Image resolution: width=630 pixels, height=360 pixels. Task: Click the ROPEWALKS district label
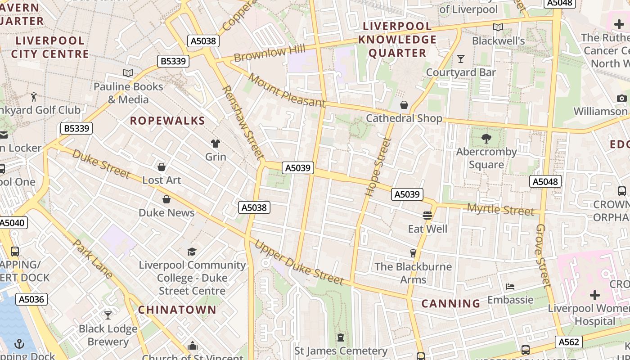(x=167, y=121)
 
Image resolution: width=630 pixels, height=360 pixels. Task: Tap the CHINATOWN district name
(x=177, y=310)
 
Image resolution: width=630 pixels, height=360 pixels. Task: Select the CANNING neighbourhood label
(x=450, y=303)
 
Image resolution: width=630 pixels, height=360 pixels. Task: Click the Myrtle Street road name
(x=500, y=209)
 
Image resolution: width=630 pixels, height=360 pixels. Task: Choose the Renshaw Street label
(x=242, y=122)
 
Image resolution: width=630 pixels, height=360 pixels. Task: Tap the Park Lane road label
(x=92, y=259)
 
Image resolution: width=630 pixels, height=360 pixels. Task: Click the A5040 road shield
(x=13, y=223)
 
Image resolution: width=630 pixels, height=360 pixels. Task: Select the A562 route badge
(x=568, y=342)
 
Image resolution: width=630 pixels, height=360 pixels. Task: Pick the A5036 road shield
(x=31, y=299)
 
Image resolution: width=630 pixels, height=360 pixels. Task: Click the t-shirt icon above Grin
(x=216, y=144)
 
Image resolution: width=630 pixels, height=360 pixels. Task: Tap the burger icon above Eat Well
(x=427, y=216)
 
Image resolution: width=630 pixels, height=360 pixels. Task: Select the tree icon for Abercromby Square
(x=486, y=138)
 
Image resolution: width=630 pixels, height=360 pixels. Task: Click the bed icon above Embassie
(x=510, y=286)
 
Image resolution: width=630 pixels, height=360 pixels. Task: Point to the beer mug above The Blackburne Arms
(x=413, y=253)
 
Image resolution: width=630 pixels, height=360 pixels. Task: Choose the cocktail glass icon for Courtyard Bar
(x=460, y=59)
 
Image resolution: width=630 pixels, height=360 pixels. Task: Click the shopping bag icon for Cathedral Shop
(x=404, y=105)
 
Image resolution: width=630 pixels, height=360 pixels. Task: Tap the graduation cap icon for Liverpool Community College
(x=192, y=252)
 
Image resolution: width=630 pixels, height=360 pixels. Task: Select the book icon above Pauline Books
(x=128, y=73)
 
